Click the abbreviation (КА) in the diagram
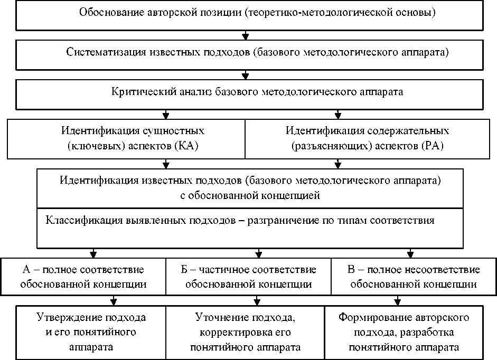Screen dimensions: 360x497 (x=183, y=147)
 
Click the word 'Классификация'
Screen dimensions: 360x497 (x=78, y=221)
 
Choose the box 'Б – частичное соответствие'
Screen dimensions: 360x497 (x=248, y=277)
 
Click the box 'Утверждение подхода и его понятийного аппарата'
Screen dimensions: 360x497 (x=91, y=332)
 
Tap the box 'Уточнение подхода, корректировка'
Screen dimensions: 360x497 (x=248, y=332)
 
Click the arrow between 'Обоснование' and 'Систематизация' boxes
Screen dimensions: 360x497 (x=245, y=36)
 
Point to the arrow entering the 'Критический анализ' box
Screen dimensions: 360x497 (x=245, y=74)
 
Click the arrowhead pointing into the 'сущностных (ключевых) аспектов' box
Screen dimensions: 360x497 (x=166, y=113)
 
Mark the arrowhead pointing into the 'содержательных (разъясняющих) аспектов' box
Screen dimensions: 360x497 (x=338, y=113)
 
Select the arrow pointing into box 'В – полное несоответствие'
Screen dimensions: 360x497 (x=410, y=252)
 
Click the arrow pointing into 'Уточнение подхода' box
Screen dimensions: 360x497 (x=257, y=301)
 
